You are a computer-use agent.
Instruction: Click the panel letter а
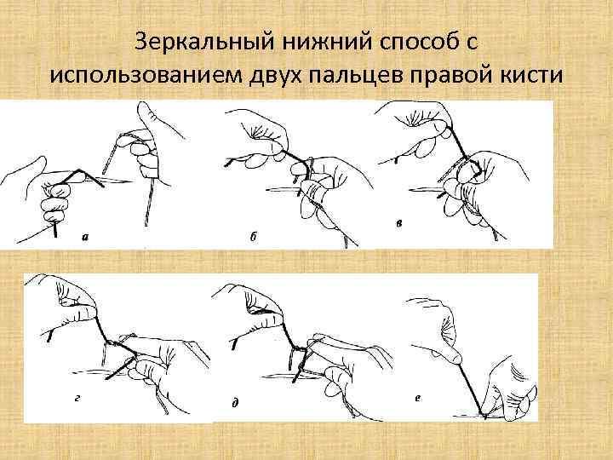[x=83, y=238]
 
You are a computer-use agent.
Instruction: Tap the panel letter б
[x=253, y=238]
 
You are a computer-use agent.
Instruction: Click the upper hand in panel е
[x=438, y=324]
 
